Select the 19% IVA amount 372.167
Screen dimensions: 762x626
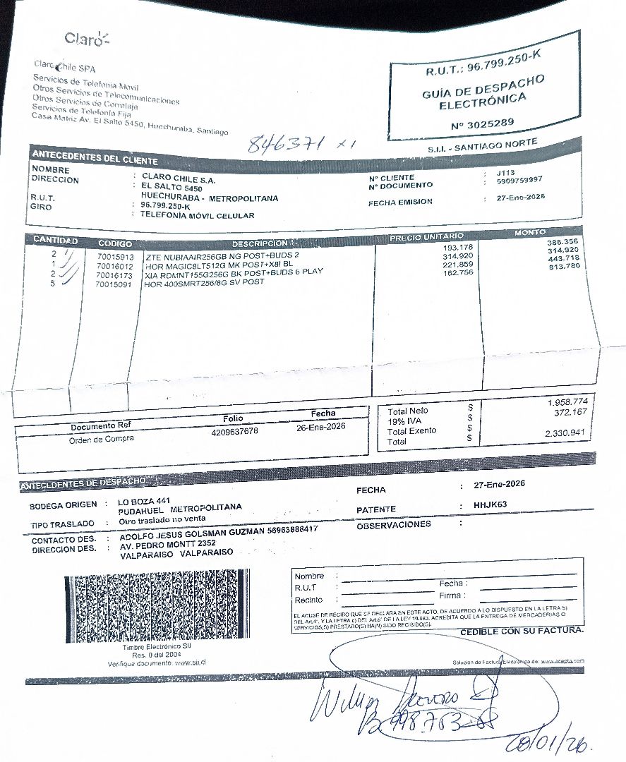pos(570,412)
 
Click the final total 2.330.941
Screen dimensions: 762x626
pos(566,433)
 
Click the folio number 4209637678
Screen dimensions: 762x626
pos(234,431)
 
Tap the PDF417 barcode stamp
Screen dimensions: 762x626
pos(157,605)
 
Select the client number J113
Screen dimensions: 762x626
pos(505,172)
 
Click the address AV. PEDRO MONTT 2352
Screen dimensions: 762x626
pos(167,544)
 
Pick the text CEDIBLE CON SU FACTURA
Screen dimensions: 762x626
pos(522,631)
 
